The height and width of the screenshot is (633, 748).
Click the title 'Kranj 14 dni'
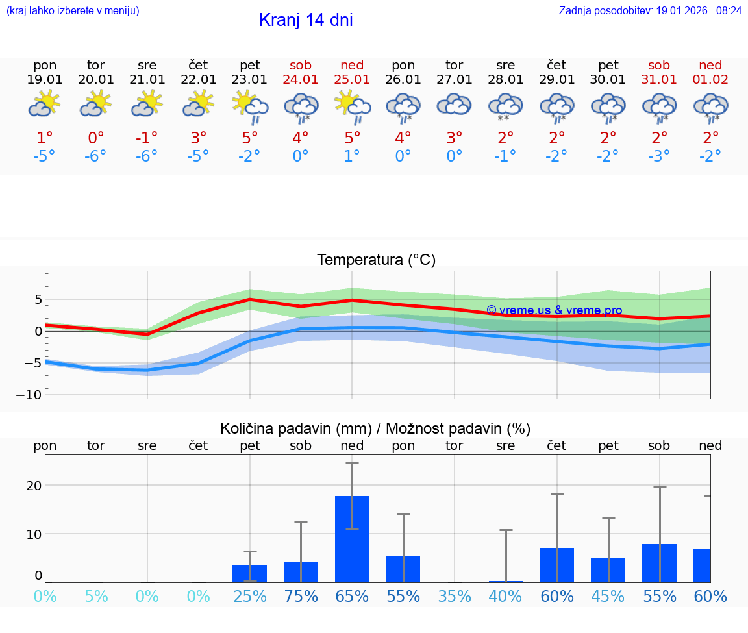pos(306,20)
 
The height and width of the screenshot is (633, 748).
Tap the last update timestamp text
pos(650,10)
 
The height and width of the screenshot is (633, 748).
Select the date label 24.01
pos(301,80)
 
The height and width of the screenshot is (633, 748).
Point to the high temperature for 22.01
pos(199,138)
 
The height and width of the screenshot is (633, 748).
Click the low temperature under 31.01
pos(659,156)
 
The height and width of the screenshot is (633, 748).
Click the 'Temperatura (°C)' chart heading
pos(376,260)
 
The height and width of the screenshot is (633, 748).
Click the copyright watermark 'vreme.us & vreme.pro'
pos(555,310)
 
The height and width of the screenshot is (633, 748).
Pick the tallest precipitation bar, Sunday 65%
pos(352,539)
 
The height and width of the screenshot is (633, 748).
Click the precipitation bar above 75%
pos(301,572)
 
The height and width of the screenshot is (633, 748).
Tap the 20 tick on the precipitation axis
pos(34,485)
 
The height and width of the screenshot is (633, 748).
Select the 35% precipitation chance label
pos(454,596)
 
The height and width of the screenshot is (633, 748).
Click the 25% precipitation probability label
pos(250,596)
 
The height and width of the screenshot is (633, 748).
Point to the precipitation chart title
pos(375,428)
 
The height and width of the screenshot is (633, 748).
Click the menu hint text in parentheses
pos(73,10)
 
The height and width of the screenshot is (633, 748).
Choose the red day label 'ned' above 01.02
pos(710,65)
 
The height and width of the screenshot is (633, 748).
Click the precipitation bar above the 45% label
pos(608,570)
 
